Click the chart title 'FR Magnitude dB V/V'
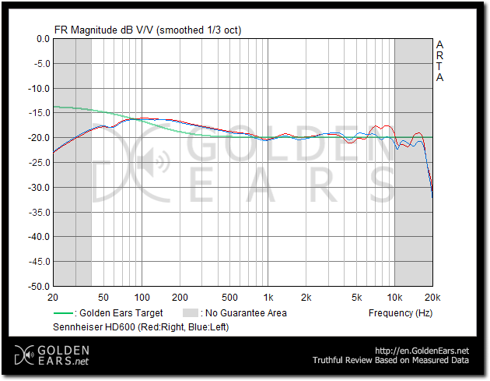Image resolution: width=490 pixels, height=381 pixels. [x=104, y=30]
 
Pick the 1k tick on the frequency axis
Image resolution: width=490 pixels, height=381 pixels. [x=268, y=298]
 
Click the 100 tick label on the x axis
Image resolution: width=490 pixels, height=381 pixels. [x=142, y=298]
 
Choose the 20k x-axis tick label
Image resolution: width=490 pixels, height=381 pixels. [x=432, y=298]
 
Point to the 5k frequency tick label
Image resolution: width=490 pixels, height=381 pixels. [x=356, y=298]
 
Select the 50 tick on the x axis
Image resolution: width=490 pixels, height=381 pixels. [x=103, y=298]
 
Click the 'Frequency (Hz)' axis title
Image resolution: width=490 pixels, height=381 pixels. [x=400, y=313]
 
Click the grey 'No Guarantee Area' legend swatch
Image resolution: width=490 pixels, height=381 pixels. [x=189, y=313]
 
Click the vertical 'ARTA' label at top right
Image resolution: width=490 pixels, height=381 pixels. [x=439, y=61]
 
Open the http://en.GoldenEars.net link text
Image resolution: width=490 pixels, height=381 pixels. [x=422, y=351]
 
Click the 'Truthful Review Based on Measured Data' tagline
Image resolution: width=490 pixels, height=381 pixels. [x=390, y=361]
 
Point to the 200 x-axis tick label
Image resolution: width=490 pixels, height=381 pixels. [x=180, y=298]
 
